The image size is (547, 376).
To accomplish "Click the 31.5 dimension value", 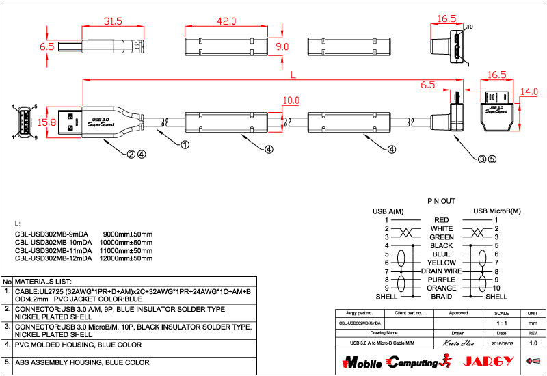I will click(x=112, y=21).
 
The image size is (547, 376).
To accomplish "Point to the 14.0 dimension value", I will click(x=529, y=91).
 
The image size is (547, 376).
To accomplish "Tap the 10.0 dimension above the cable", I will click(x=291, y=100).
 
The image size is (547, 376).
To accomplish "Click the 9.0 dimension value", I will click(x=282, y=46).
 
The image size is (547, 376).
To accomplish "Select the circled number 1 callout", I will click(x=184, y=144).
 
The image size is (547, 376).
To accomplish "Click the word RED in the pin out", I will click(x=442, y=220).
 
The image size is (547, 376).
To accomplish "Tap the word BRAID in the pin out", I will click(x=442, y=297).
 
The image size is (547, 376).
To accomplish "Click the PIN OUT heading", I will click(x=441, y=202).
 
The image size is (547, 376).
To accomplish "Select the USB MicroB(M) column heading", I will click(x=496, y=211).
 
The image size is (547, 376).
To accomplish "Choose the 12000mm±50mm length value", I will click(x=127, y=259).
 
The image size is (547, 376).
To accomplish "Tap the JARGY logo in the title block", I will click(x=487, y=361).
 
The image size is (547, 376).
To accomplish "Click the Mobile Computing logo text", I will click(x=390, y=362).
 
